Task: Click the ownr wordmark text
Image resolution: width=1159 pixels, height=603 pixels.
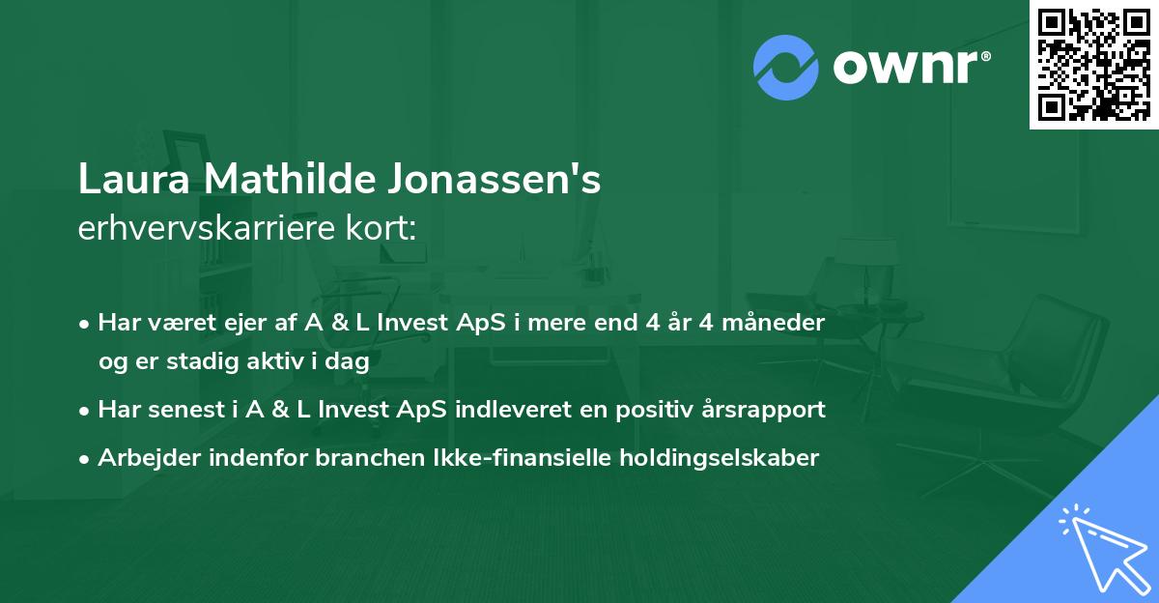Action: click(908, 66)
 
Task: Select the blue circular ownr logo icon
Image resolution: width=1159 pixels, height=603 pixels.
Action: click(786, 67)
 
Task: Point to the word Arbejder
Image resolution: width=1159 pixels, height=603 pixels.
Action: click(140, 458)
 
